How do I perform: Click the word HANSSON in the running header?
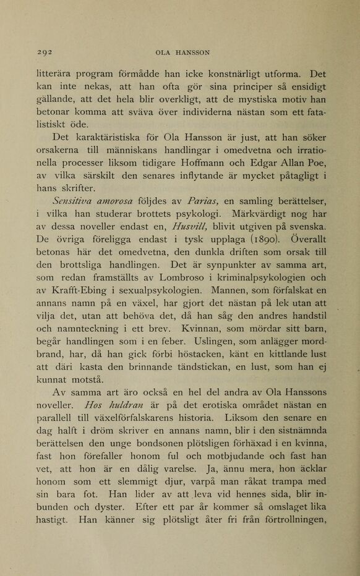192,53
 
